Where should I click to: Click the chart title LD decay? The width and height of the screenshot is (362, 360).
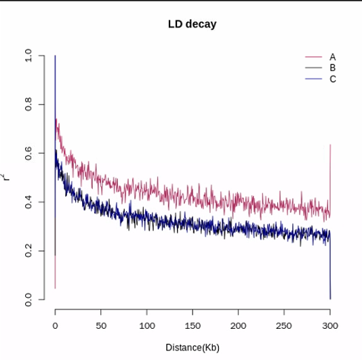coord(192,24)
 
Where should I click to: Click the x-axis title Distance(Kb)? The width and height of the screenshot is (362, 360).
coord(193,347)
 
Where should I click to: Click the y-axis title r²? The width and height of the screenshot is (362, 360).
coord(7,178)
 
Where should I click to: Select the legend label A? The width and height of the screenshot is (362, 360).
coord(333,57)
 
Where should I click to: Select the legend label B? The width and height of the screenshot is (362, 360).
coord(333,68)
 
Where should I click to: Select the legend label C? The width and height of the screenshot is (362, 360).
coord(333,79)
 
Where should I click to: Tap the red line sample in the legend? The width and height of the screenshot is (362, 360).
coord(313,57)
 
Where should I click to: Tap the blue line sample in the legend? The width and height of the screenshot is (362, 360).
coord(313,79)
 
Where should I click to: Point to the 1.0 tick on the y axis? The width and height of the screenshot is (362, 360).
coord(28,56)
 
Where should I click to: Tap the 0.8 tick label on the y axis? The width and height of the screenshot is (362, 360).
coord(28,104)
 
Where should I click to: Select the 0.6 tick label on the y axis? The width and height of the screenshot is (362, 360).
coord(28,153)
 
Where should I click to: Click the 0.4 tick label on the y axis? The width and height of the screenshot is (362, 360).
coord(28,202)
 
